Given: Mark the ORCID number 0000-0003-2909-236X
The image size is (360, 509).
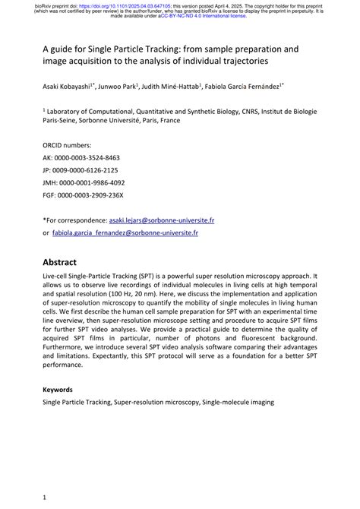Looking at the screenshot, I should pyautogui.click(x=92, y=195).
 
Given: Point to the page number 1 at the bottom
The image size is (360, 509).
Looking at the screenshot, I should pyautogui.click(x=45, y=498).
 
